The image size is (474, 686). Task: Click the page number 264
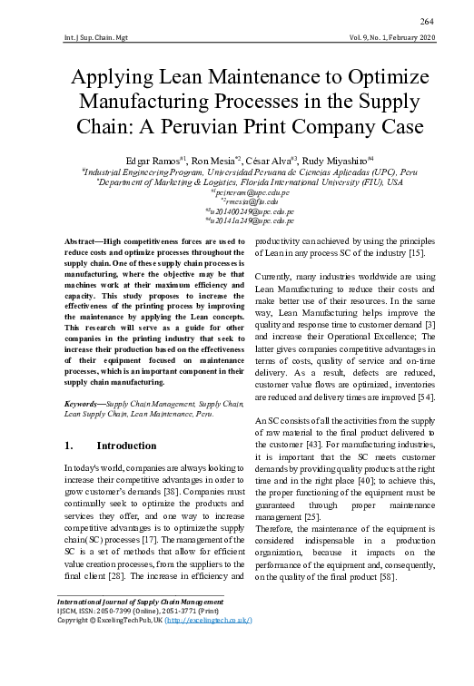click(427, 22)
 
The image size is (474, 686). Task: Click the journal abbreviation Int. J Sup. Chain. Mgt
click(91, 38)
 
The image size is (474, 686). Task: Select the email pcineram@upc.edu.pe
click(238, 192)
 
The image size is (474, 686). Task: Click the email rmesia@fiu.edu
click(238, 201)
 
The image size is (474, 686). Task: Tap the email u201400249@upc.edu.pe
click(238, 211)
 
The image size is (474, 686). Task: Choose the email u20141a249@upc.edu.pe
click(238, 220)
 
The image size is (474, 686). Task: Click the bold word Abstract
click(81, 240)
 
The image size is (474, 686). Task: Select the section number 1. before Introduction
click(69, 446)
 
